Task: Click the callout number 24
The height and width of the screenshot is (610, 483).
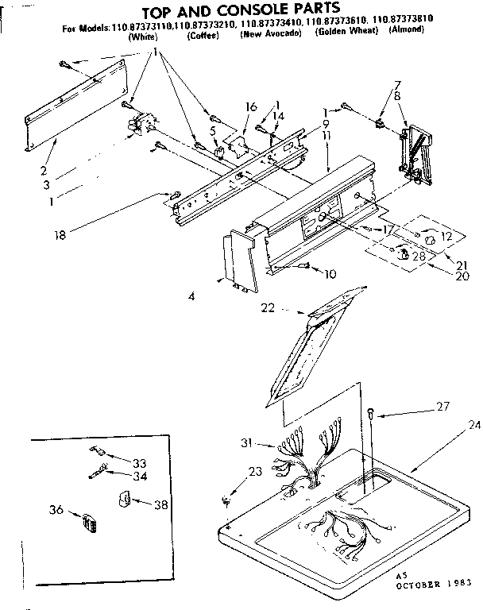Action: click(x=474, y=425)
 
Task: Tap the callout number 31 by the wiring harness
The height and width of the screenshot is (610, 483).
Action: click(x=246, y=443)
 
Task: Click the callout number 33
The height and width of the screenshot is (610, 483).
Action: click(x=140, y=462)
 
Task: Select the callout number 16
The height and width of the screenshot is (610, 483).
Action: click(x=251, y=106)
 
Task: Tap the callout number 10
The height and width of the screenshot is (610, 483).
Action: click(x=330, y=274)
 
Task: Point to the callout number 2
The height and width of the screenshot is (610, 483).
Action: click(x=44, y=170)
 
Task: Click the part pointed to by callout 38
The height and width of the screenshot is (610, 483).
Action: click(x=123, y=499)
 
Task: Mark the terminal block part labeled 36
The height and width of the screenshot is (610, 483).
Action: click(x=88, y=523)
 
